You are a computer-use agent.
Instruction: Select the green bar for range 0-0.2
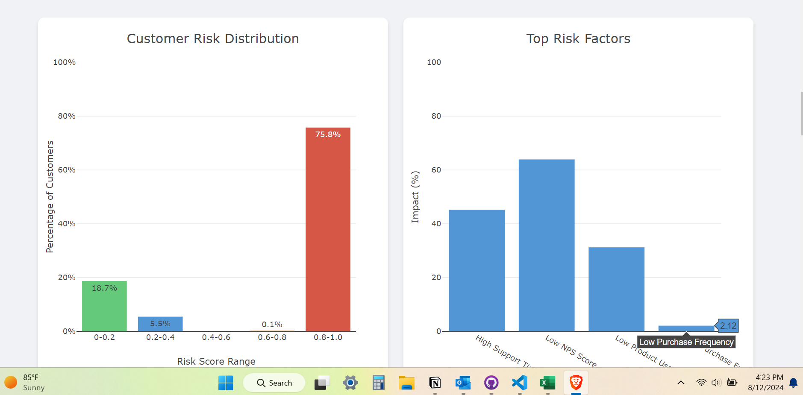coord(104,306)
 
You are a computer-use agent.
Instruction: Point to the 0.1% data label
coord(272,325)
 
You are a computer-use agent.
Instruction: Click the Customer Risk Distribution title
coord(213,39)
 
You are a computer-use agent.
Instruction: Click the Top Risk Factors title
coord(578,39)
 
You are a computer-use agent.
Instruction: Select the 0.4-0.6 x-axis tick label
coord(216,337)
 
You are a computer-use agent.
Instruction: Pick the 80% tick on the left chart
coord(67,116)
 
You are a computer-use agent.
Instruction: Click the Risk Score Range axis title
coord(216,361)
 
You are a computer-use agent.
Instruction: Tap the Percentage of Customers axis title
coord(50,197)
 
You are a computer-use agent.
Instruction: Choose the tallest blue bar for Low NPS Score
coord(546,245)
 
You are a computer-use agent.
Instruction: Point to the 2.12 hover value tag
coord(728,326)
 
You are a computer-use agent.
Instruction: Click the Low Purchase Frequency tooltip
coord(686,342)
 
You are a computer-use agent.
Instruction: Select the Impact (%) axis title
coord(415,197)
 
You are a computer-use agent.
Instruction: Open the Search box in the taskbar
coord(274,383)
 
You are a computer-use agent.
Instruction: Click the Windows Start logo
coord(226,383)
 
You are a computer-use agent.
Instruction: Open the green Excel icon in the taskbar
coord(547,383)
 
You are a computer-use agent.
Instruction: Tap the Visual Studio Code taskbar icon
coord(519,383)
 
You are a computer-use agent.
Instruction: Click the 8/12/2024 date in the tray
coord(765,388)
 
